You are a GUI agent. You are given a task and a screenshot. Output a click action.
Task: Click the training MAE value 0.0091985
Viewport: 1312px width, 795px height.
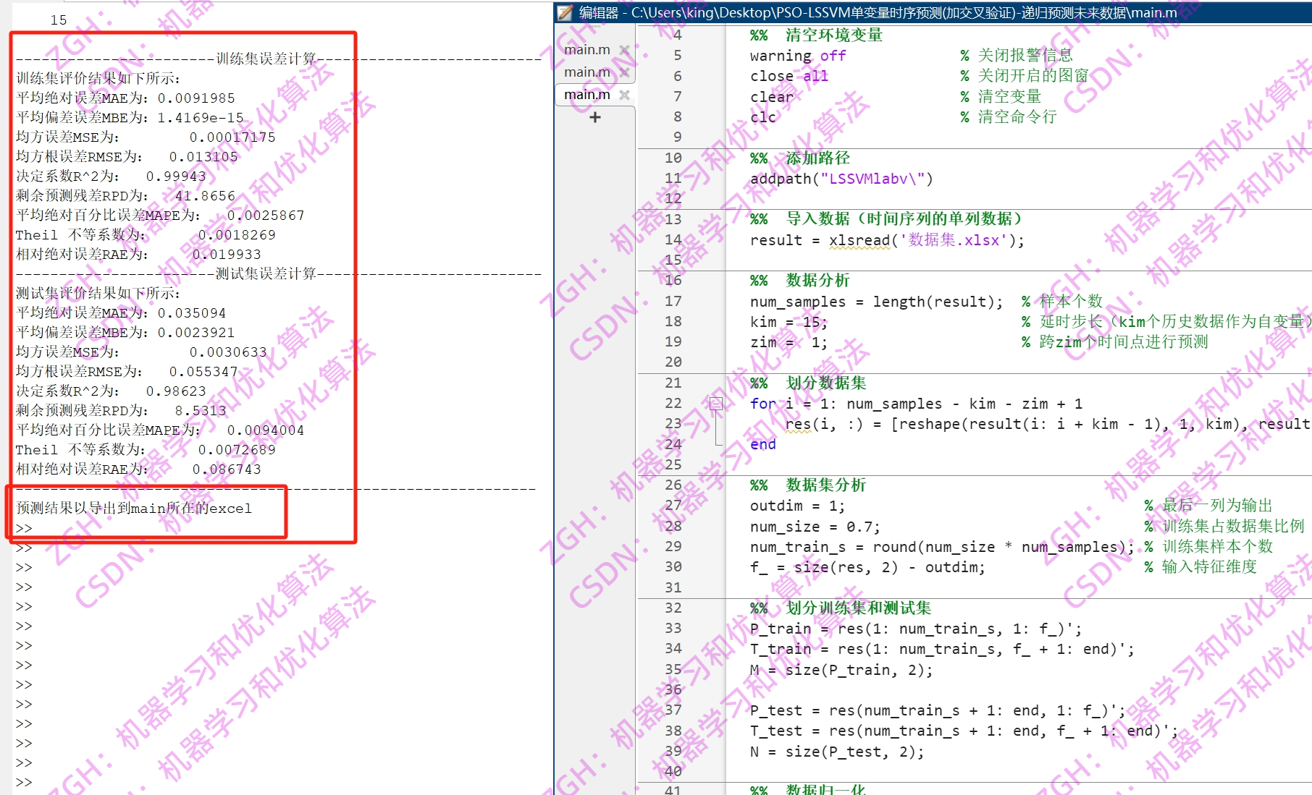pos(196,98)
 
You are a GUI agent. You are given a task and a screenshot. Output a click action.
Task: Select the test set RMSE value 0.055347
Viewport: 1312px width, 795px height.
pos(203,372)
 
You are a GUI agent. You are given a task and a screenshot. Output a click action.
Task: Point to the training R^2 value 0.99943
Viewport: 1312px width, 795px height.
pos(176,177)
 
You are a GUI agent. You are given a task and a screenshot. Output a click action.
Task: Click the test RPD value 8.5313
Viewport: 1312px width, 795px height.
pos(201,411)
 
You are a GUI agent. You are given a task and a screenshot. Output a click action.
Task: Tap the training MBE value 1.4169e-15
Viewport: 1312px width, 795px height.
pos(201,118)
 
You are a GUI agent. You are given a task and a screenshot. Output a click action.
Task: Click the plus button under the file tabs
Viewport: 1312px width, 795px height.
pos(595,117)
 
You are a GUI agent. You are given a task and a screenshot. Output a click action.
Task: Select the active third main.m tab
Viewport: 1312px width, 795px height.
pos(587,95)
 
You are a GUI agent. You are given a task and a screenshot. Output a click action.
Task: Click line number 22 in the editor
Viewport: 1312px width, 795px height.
pos(673,404)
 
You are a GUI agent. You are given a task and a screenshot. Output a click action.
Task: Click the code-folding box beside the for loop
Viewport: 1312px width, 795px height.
pos(716,404)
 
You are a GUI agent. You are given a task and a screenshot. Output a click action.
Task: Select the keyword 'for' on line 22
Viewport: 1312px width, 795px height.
pos(762,404)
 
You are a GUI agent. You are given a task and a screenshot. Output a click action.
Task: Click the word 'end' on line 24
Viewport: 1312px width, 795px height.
pos(762,445)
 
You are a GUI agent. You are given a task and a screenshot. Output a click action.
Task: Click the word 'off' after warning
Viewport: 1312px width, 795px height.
pos(833,56)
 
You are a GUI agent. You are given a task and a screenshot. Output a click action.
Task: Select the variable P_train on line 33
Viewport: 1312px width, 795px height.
pos(780,629)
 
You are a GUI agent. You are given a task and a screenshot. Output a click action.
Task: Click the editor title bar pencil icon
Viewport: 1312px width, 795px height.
pos(565,12)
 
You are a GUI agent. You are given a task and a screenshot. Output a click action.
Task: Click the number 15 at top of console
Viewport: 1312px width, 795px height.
pos(59,20)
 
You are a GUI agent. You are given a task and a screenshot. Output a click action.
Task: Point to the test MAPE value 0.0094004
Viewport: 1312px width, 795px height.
pos(266,430)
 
